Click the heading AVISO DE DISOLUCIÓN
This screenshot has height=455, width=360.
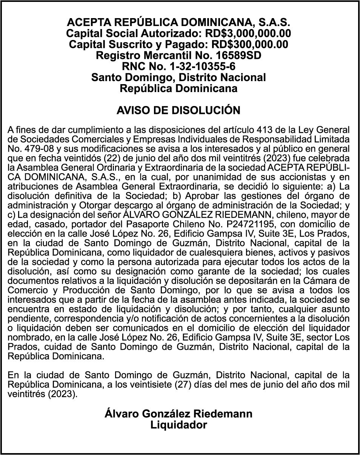(x=178, y=111)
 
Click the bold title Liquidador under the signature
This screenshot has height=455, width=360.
(x=178, y=425)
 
